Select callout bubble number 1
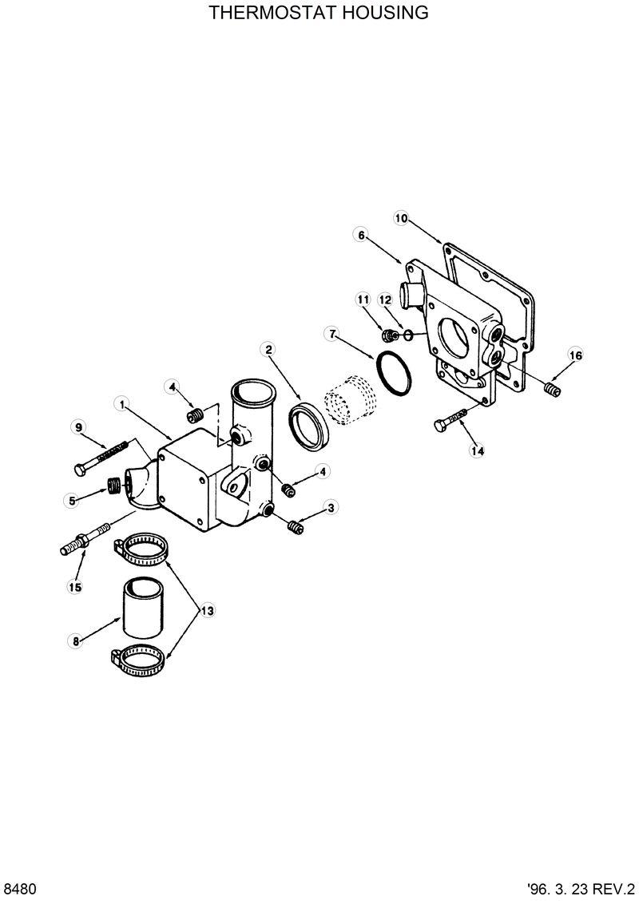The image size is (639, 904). (x=122, y=405)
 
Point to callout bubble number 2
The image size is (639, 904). (x=269, y=349)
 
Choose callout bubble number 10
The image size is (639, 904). (x=401, y=217)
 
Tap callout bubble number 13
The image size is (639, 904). (x=207, y=611)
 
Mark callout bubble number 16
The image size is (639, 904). (x=575, y=355)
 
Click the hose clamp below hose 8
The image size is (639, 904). (x=141, y=658)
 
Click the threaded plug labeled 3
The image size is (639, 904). (x=296, y=526)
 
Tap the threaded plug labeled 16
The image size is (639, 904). (x=549, y=389)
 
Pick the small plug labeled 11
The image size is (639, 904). (x=391, y=334)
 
